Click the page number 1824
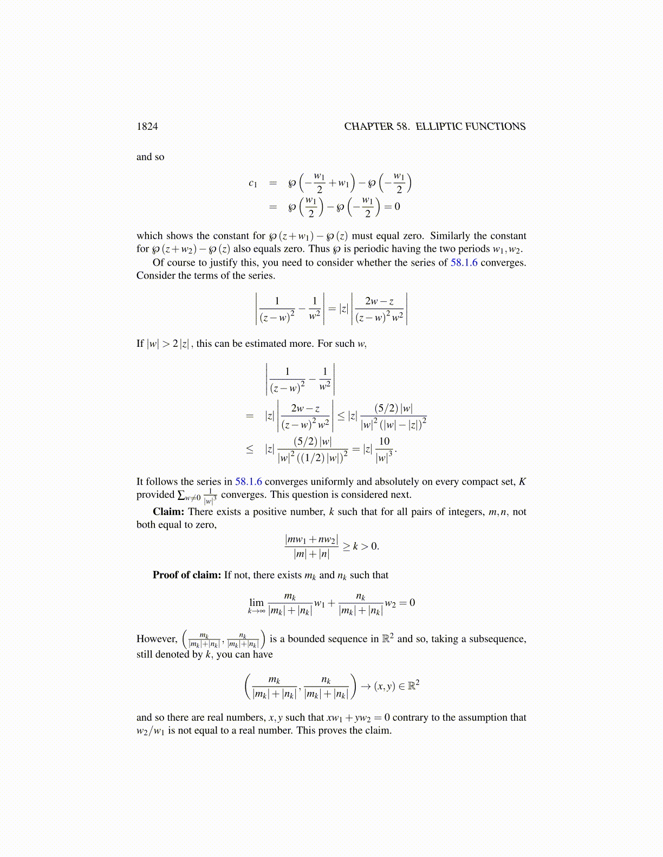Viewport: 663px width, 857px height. (x=147, y=127)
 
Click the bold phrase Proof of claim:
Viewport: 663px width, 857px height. (x=187, y=575)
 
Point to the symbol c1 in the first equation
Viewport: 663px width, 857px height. (x=252, y=183)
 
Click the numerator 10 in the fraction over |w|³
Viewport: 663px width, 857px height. (x=384, y=441)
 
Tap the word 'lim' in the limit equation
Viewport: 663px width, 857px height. (x=256, y=602)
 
